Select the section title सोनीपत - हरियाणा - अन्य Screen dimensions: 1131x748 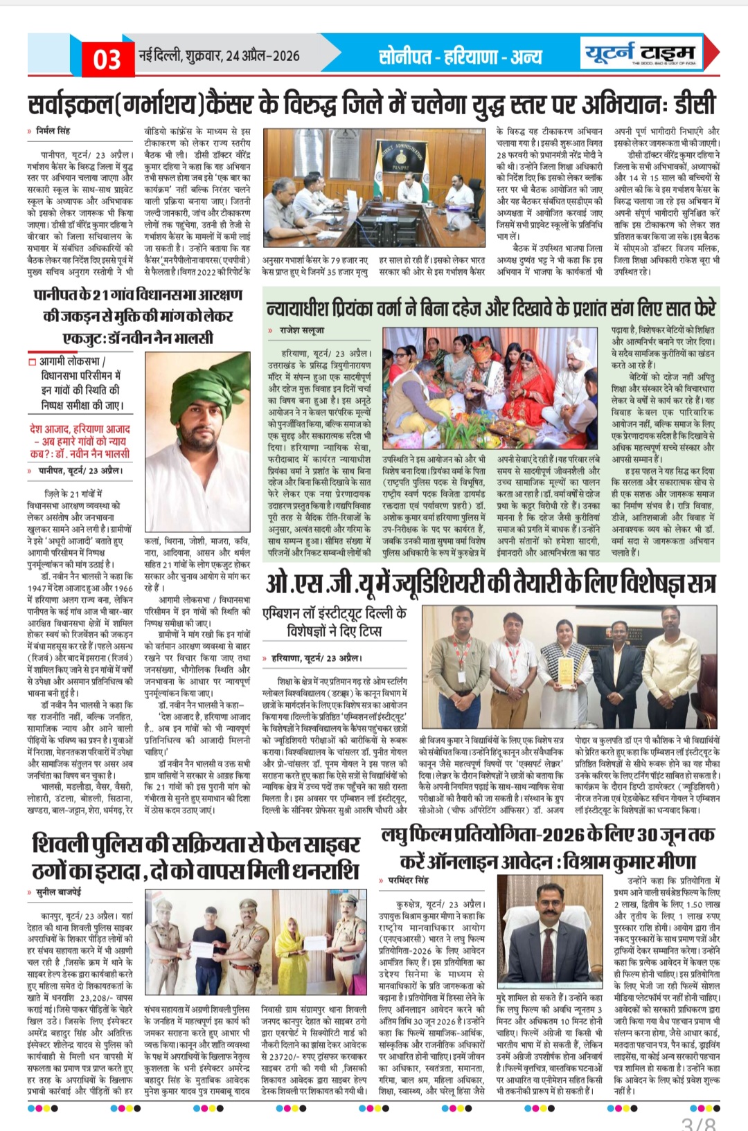[x=460, y=56]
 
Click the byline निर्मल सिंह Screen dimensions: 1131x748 [x=53, y=130]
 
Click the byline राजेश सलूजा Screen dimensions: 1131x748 [x=302, y=330]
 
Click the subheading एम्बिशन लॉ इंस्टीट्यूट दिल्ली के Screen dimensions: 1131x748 [x=335, y=614]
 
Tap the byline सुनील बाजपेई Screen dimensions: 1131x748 [x=58, y=892]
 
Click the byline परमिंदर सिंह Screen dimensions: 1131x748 [x=408, y=880]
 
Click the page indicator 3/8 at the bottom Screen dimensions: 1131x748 [x=698, y=1123]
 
